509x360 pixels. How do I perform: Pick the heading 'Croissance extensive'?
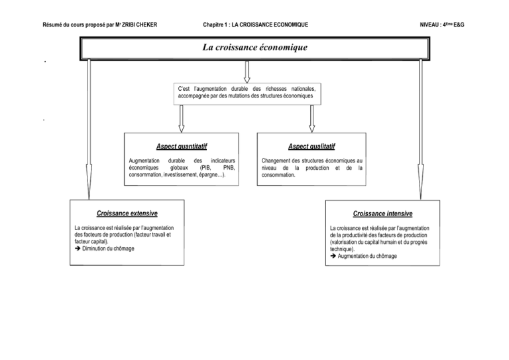click(x=127, y=213)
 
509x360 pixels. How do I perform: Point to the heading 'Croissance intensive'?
click(x=382, y=214)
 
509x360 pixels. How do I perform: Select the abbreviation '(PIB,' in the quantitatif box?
click(x=199, y=168)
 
